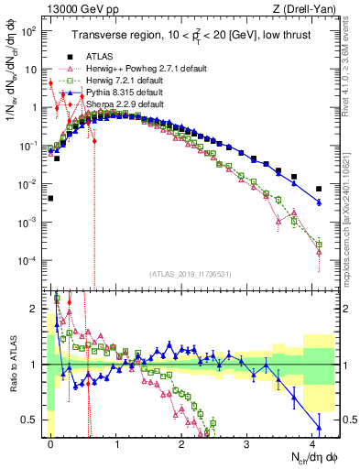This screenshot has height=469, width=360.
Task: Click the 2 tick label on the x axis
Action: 183,442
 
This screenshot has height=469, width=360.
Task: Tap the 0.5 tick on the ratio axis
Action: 34,420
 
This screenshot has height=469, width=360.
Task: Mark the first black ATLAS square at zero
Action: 51,198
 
